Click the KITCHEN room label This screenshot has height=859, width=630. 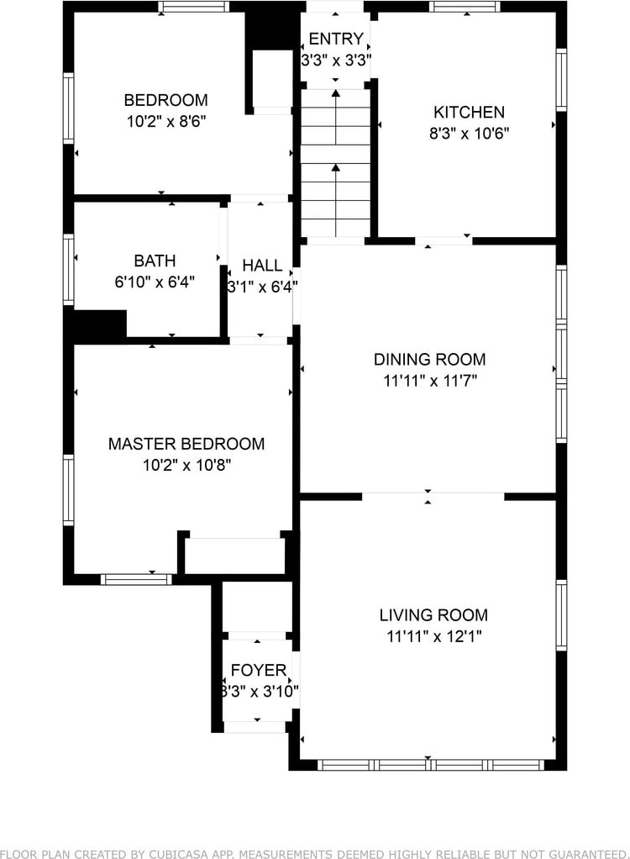(x=469, y=113)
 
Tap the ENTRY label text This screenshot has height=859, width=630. (x=336, y=39)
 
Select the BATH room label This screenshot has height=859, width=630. (x=155, y=261)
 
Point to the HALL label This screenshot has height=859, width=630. (x=262, y=265)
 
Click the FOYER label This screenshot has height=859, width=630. (x=259, y=670)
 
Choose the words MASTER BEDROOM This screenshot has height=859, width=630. (x=186, y=444)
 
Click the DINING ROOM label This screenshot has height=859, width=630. (x=430, y=360)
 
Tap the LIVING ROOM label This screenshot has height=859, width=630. (x=433, y=615)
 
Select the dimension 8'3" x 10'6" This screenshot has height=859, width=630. (x=469, y=134)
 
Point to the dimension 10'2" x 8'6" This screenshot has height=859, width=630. (x=166, y=121)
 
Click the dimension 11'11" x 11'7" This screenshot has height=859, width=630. (x=430, y=381)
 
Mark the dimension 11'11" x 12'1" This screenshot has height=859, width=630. (x=434, y=636)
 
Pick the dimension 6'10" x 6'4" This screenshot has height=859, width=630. (x=155, y=282)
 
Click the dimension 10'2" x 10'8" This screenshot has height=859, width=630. (x=186, y=465)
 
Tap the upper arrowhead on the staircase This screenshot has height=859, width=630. (x=335, y=93)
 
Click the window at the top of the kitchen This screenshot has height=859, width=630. (x=465, y=7)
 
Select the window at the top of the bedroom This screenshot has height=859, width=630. (x=194, y=7)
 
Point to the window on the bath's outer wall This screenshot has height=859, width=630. (x=68, y=269)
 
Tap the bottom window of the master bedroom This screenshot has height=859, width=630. (x=136, y=580)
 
